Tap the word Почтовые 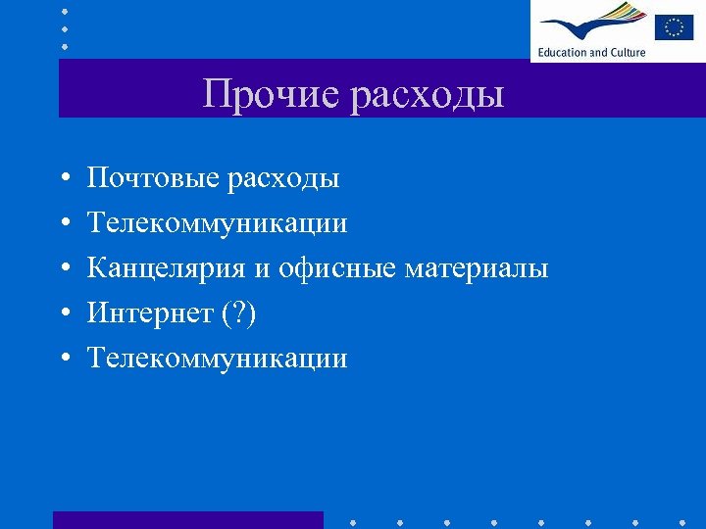pos(153,178)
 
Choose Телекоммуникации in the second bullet pos(217,223)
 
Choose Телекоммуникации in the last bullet pos(217,359)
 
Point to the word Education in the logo pos(562,52)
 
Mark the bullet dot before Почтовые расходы pos(63,179)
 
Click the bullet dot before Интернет pos(63,314)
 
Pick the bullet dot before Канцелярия pos(63,269)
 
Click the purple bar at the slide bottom pos(187,519)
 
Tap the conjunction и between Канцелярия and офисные pos(264,269)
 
